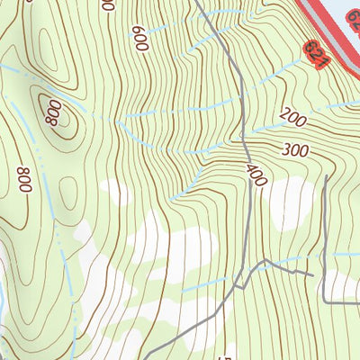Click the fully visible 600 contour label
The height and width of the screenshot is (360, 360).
click(x=139, y=38)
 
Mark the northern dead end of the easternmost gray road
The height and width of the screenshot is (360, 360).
click(x=324, y=177)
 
